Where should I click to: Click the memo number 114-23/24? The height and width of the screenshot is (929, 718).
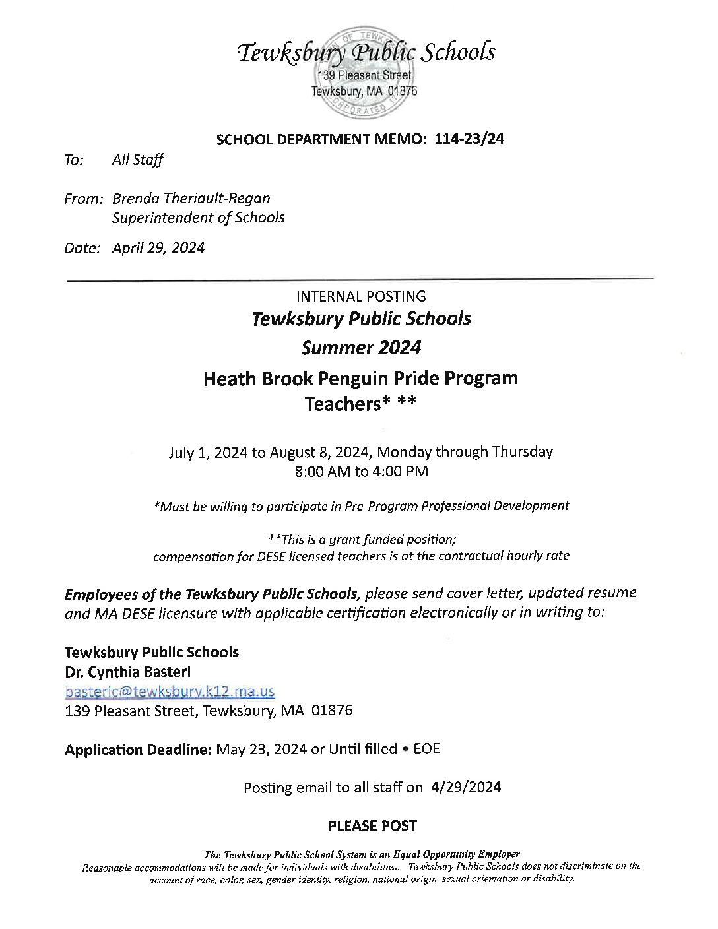469,139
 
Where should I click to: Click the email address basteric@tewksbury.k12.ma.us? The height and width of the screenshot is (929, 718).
170,691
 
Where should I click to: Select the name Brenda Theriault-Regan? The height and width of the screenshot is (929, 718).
191,199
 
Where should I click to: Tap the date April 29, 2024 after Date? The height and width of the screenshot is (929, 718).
158,248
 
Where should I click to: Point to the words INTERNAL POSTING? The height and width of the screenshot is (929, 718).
361,297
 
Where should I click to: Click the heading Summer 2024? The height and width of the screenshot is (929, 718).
361,348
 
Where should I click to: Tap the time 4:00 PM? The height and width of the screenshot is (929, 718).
400,472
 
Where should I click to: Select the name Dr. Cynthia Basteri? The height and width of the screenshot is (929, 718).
128,672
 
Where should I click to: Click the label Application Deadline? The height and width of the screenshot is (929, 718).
139,750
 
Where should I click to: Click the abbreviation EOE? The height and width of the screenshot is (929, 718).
426,750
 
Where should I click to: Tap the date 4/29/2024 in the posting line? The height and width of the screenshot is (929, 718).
465,788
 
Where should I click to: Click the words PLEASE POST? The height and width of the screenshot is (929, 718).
372,826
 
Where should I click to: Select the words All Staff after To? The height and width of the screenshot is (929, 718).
138,160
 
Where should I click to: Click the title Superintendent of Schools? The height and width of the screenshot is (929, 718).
198,218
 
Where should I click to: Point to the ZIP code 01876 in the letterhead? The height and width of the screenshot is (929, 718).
403,91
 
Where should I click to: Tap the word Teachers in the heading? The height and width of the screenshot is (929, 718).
343,404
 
